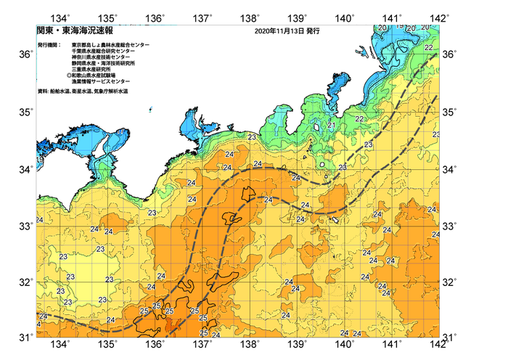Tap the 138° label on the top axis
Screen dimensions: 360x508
[x=251, y=17]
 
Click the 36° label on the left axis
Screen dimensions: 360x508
[x=25, y=55]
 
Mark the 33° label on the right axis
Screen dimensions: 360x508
[x=451, y=226]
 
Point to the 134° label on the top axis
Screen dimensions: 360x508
[x=62, y=17]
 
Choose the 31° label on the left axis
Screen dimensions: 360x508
[x=25, y=337]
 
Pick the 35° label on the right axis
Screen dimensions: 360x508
[x=451, y=112]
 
